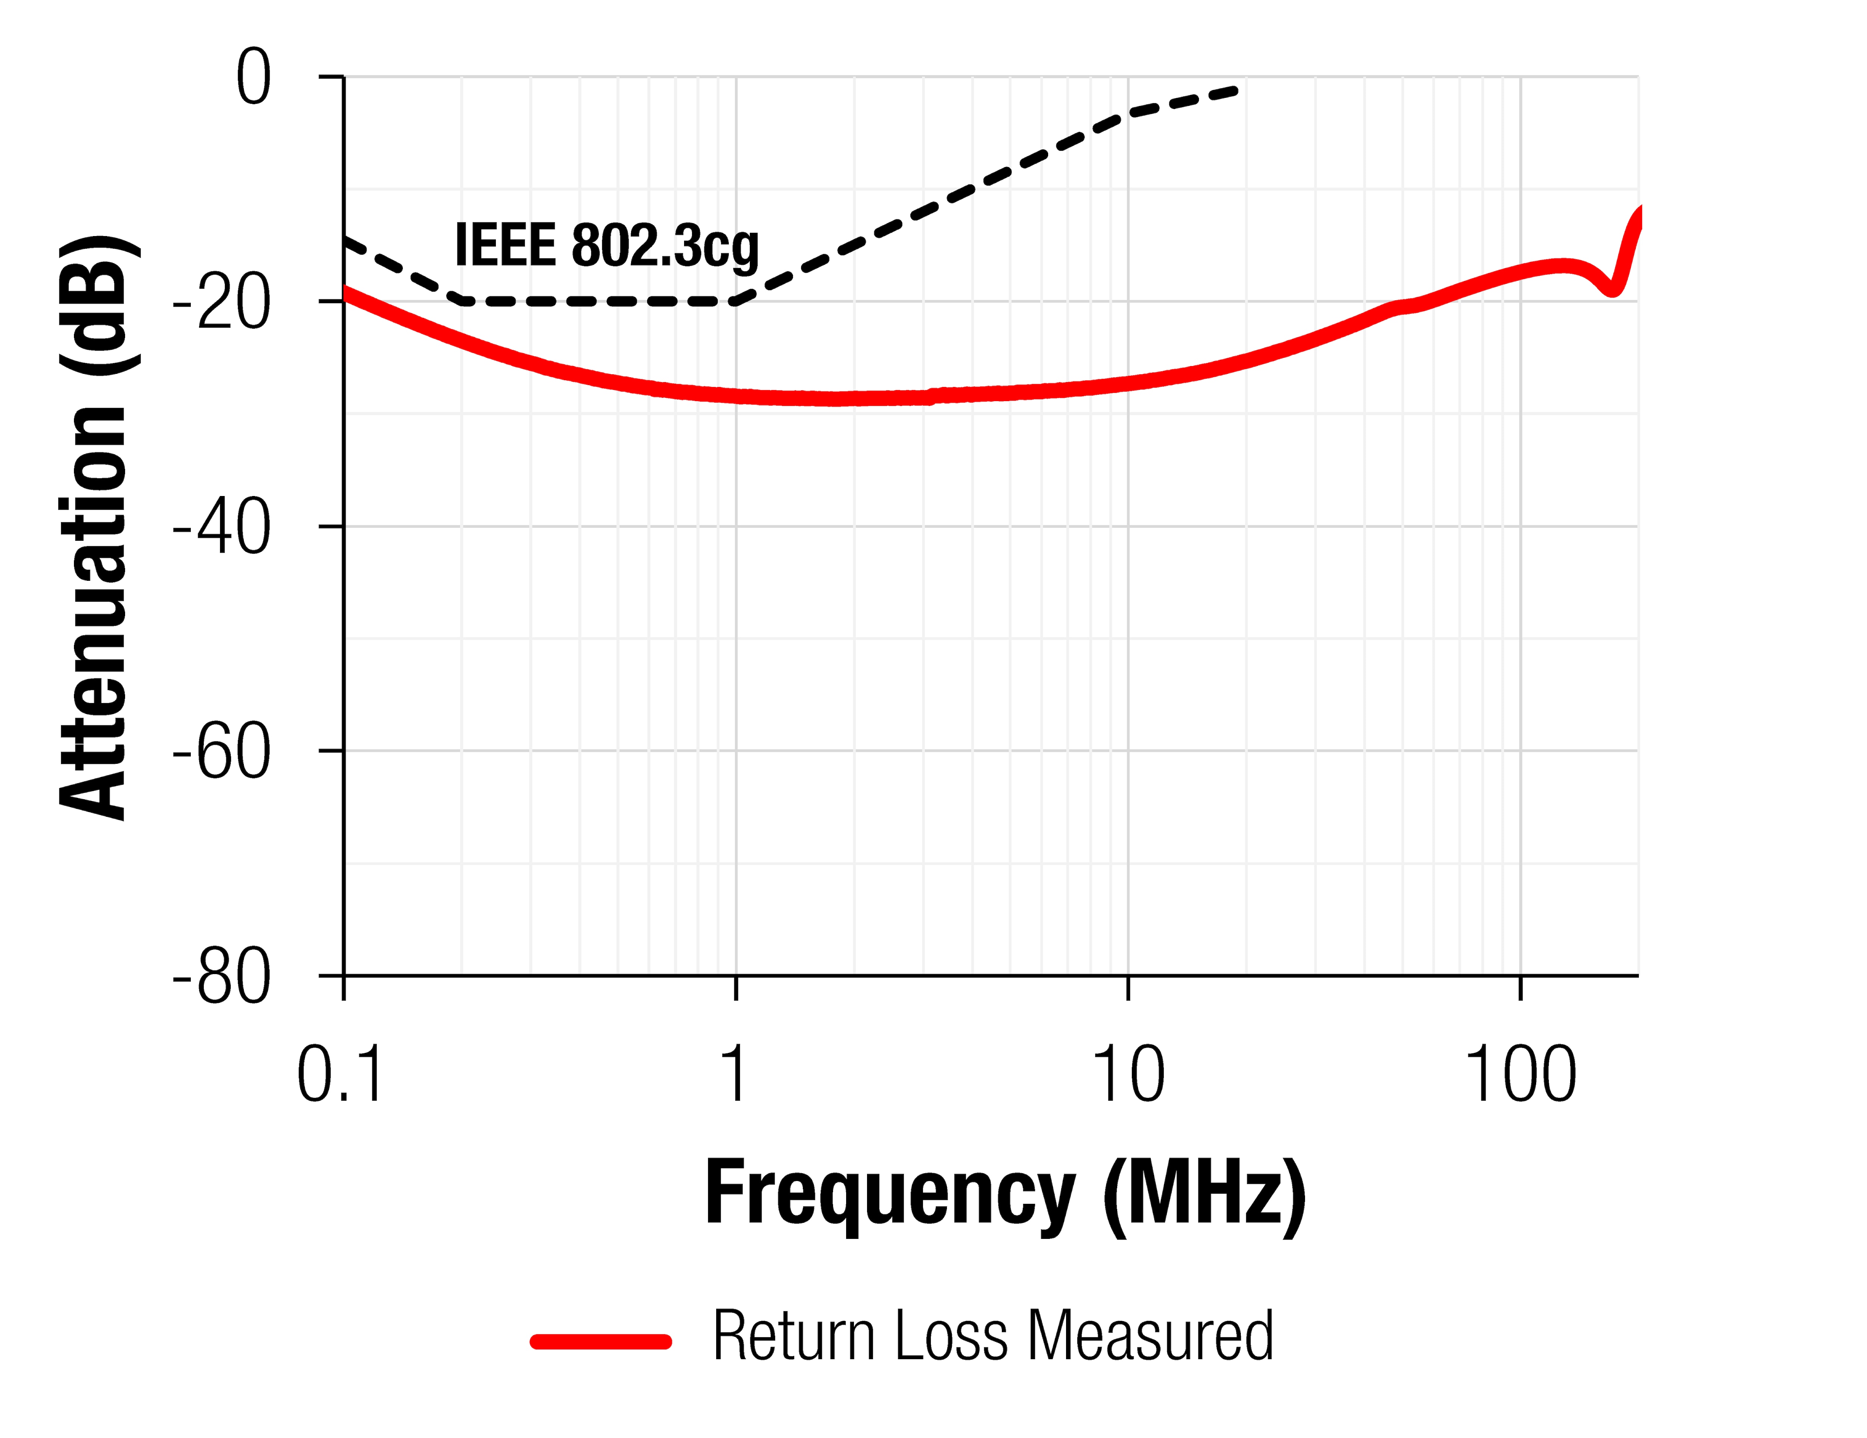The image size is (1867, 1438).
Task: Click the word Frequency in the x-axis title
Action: point(889,1195)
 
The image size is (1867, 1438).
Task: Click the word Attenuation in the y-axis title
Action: point(94,611)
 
